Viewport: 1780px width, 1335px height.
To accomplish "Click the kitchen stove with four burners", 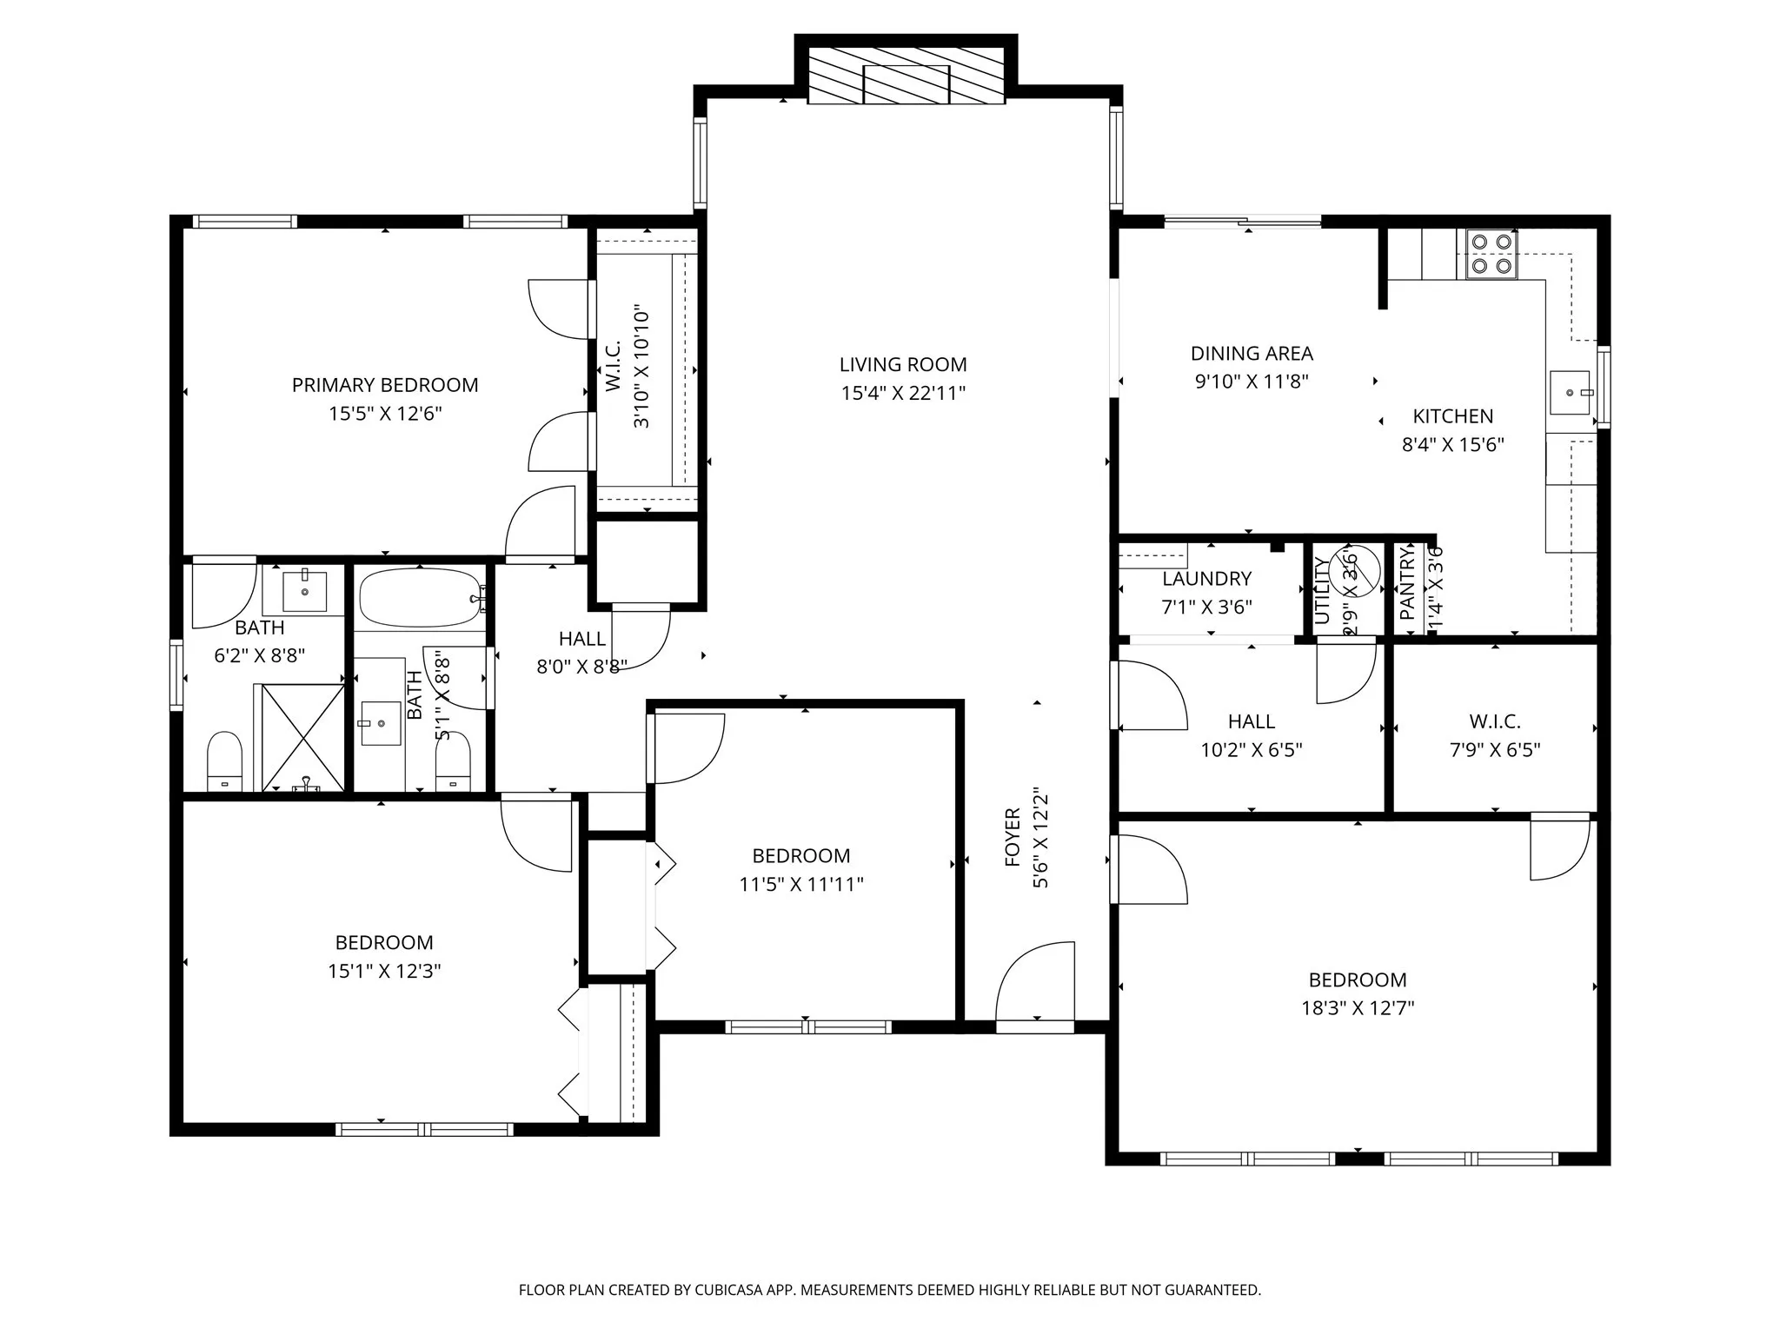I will point(1491,254).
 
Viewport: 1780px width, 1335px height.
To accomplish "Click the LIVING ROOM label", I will point(903,365).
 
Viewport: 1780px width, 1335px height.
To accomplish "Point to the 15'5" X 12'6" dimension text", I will point(385,414).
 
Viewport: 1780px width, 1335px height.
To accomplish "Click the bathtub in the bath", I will point(421,598).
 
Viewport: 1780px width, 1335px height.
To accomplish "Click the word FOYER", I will point(1013,837).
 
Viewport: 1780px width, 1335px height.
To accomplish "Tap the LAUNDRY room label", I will point(1206,579).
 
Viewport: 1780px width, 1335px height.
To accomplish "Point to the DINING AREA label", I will point(1252,354).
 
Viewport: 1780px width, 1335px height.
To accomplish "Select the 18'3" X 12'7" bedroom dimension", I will point(1358,1008).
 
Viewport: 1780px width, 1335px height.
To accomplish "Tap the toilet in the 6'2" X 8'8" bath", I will point(225,760).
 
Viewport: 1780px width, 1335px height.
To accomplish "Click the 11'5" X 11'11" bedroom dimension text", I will point(800,885).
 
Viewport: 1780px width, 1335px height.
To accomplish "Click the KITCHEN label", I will point(1452,416).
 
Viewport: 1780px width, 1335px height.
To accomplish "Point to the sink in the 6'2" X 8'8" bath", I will point(305,591).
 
